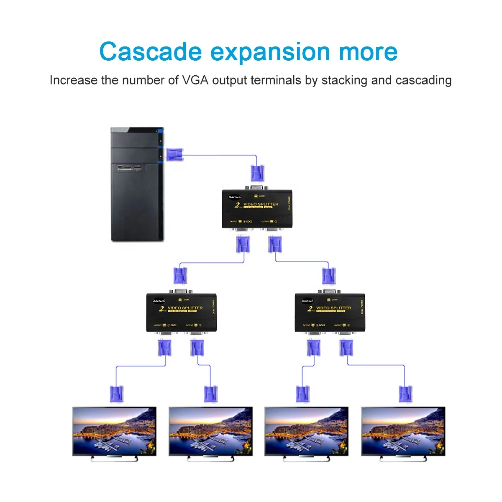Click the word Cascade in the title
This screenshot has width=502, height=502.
(x=150, y=52)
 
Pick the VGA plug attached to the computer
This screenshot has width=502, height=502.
(x=174, y=154)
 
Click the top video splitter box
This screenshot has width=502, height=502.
(x=256, y=209)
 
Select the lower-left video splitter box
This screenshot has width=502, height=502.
(x=181, y=312)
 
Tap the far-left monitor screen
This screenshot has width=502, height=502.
(x=114, y=430)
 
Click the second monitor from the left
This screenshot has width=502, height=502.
(x=210, y=430)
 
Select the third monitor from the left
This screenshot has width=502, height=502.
(x=307, y=430)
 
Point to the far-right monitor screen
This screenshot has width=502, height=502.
(x=403, y=430)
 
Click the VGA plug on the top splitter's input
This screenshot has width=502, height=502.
(x=257, y=174)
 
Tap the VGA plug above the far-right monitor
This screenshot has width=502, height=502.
(x=405, y=394)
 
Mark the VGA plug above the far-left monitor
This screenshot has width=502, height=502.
(x=116, y=394)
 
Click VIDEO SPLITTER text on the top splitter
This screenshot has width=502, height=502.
(x=261, y=204)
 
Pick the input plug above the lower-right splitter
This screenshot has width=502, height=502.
(x=329, y=276)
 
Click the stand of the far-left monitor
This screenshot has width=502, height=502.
(x=114, y=459)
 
